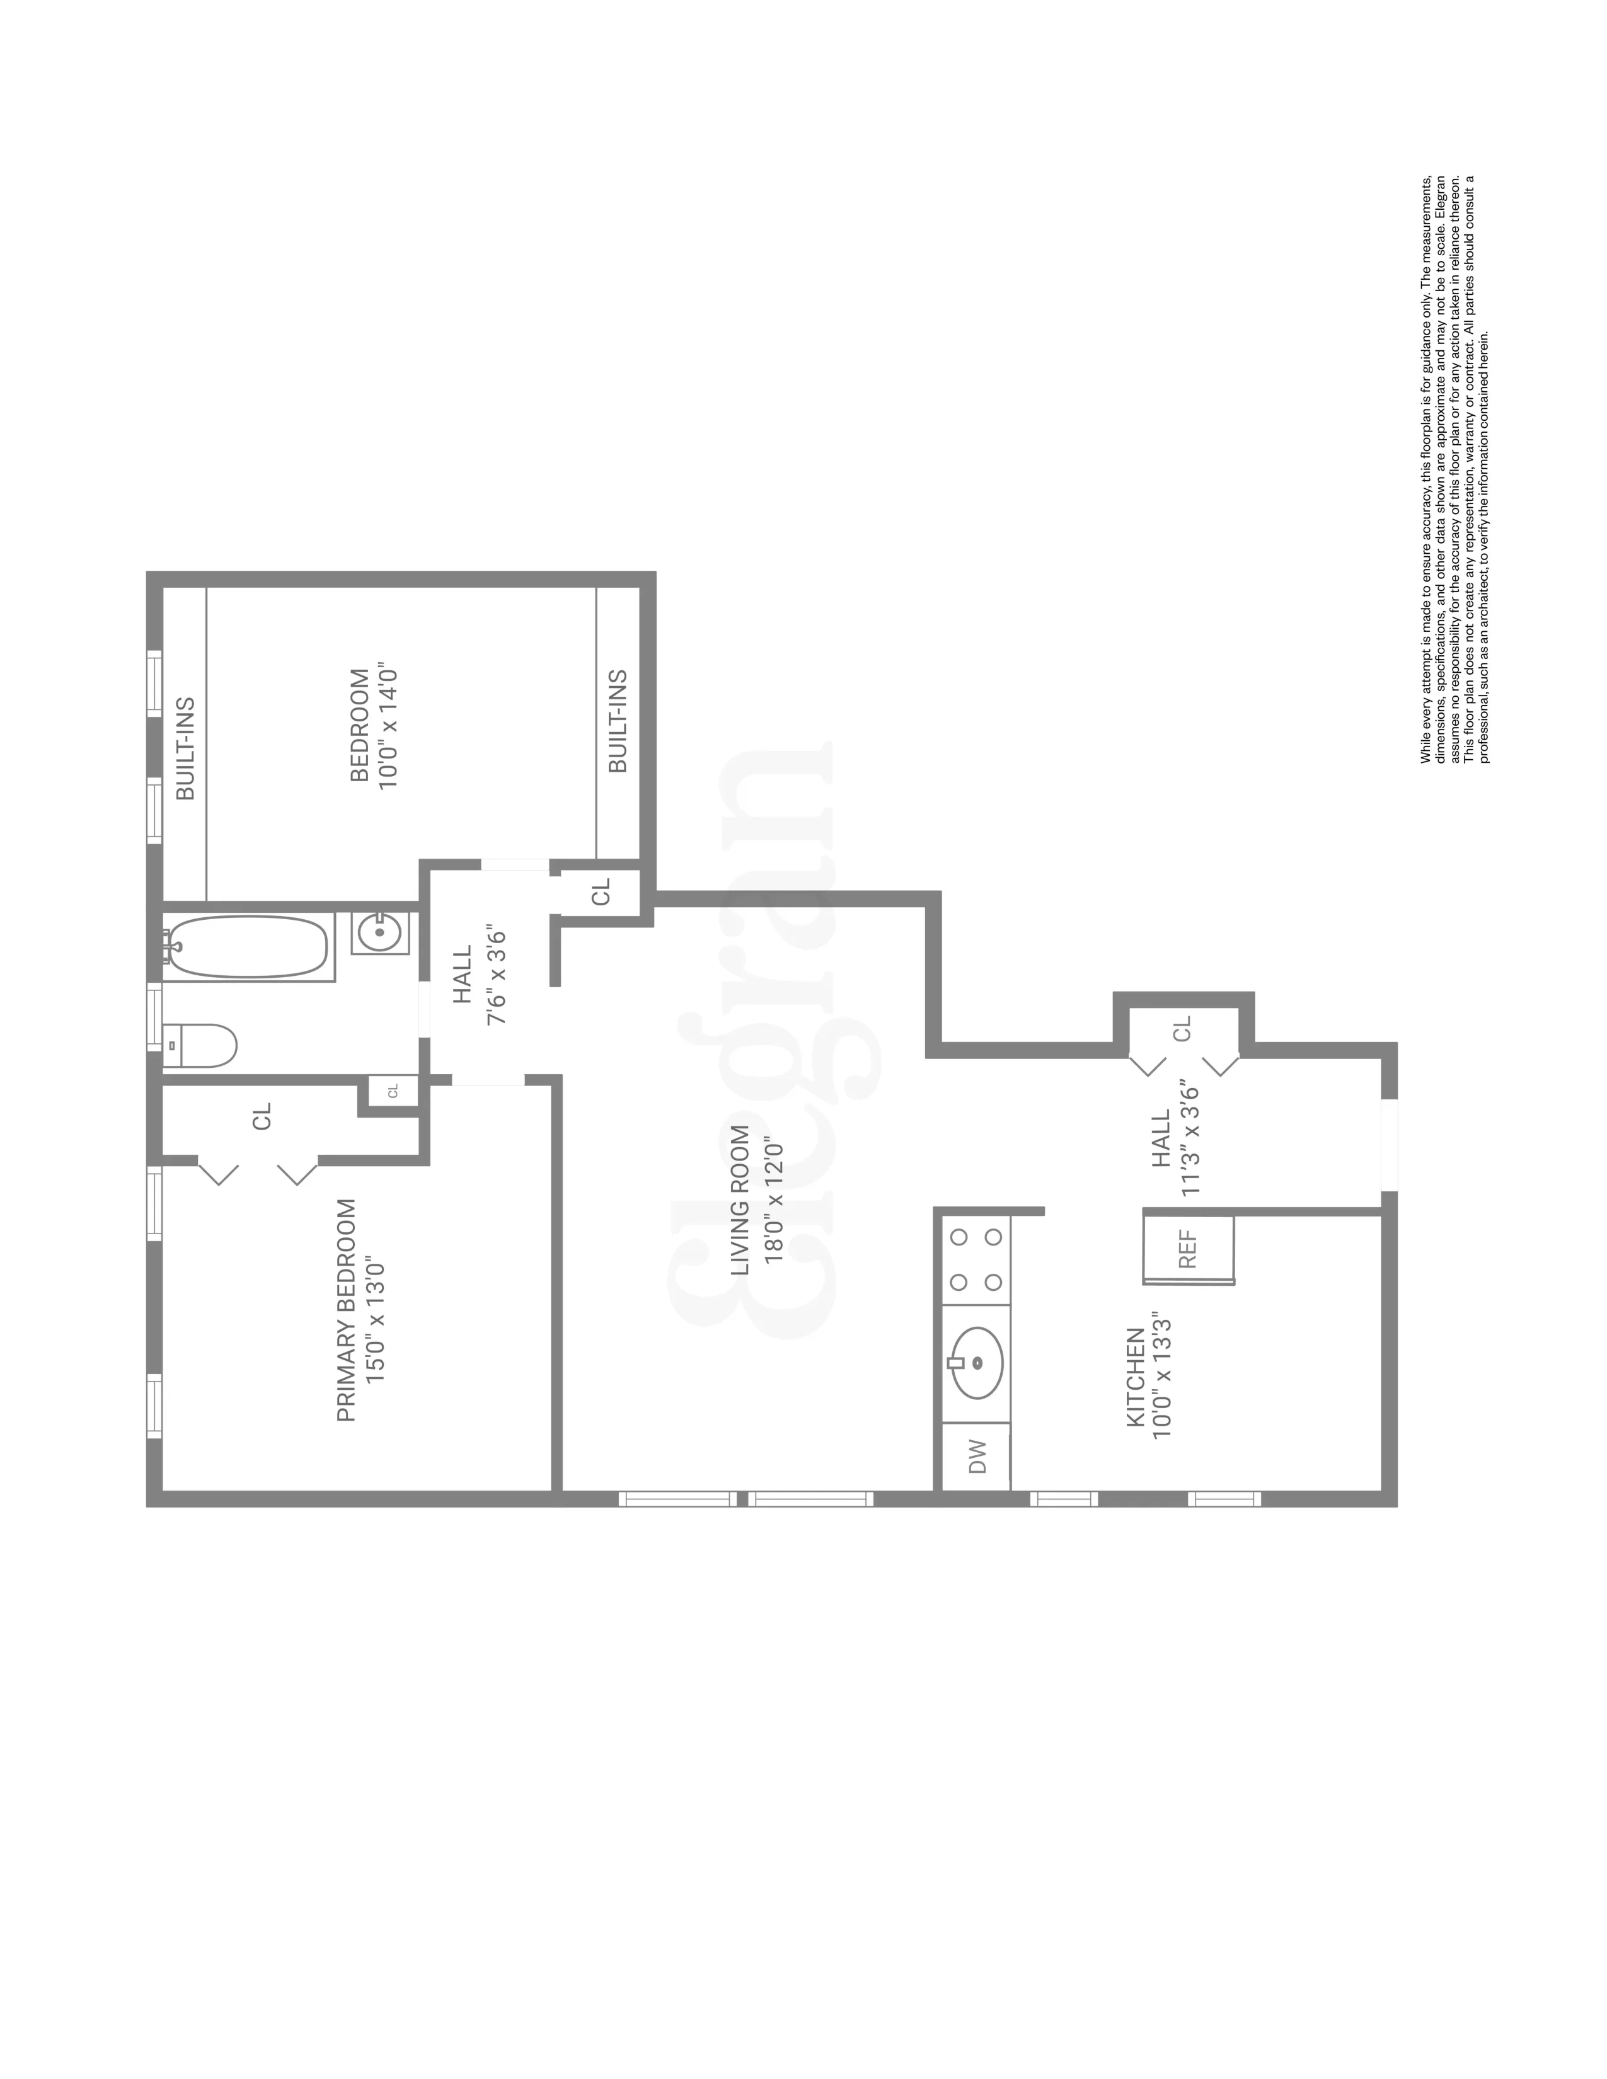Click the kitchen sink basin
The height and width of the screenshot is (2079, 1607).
977,1363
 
